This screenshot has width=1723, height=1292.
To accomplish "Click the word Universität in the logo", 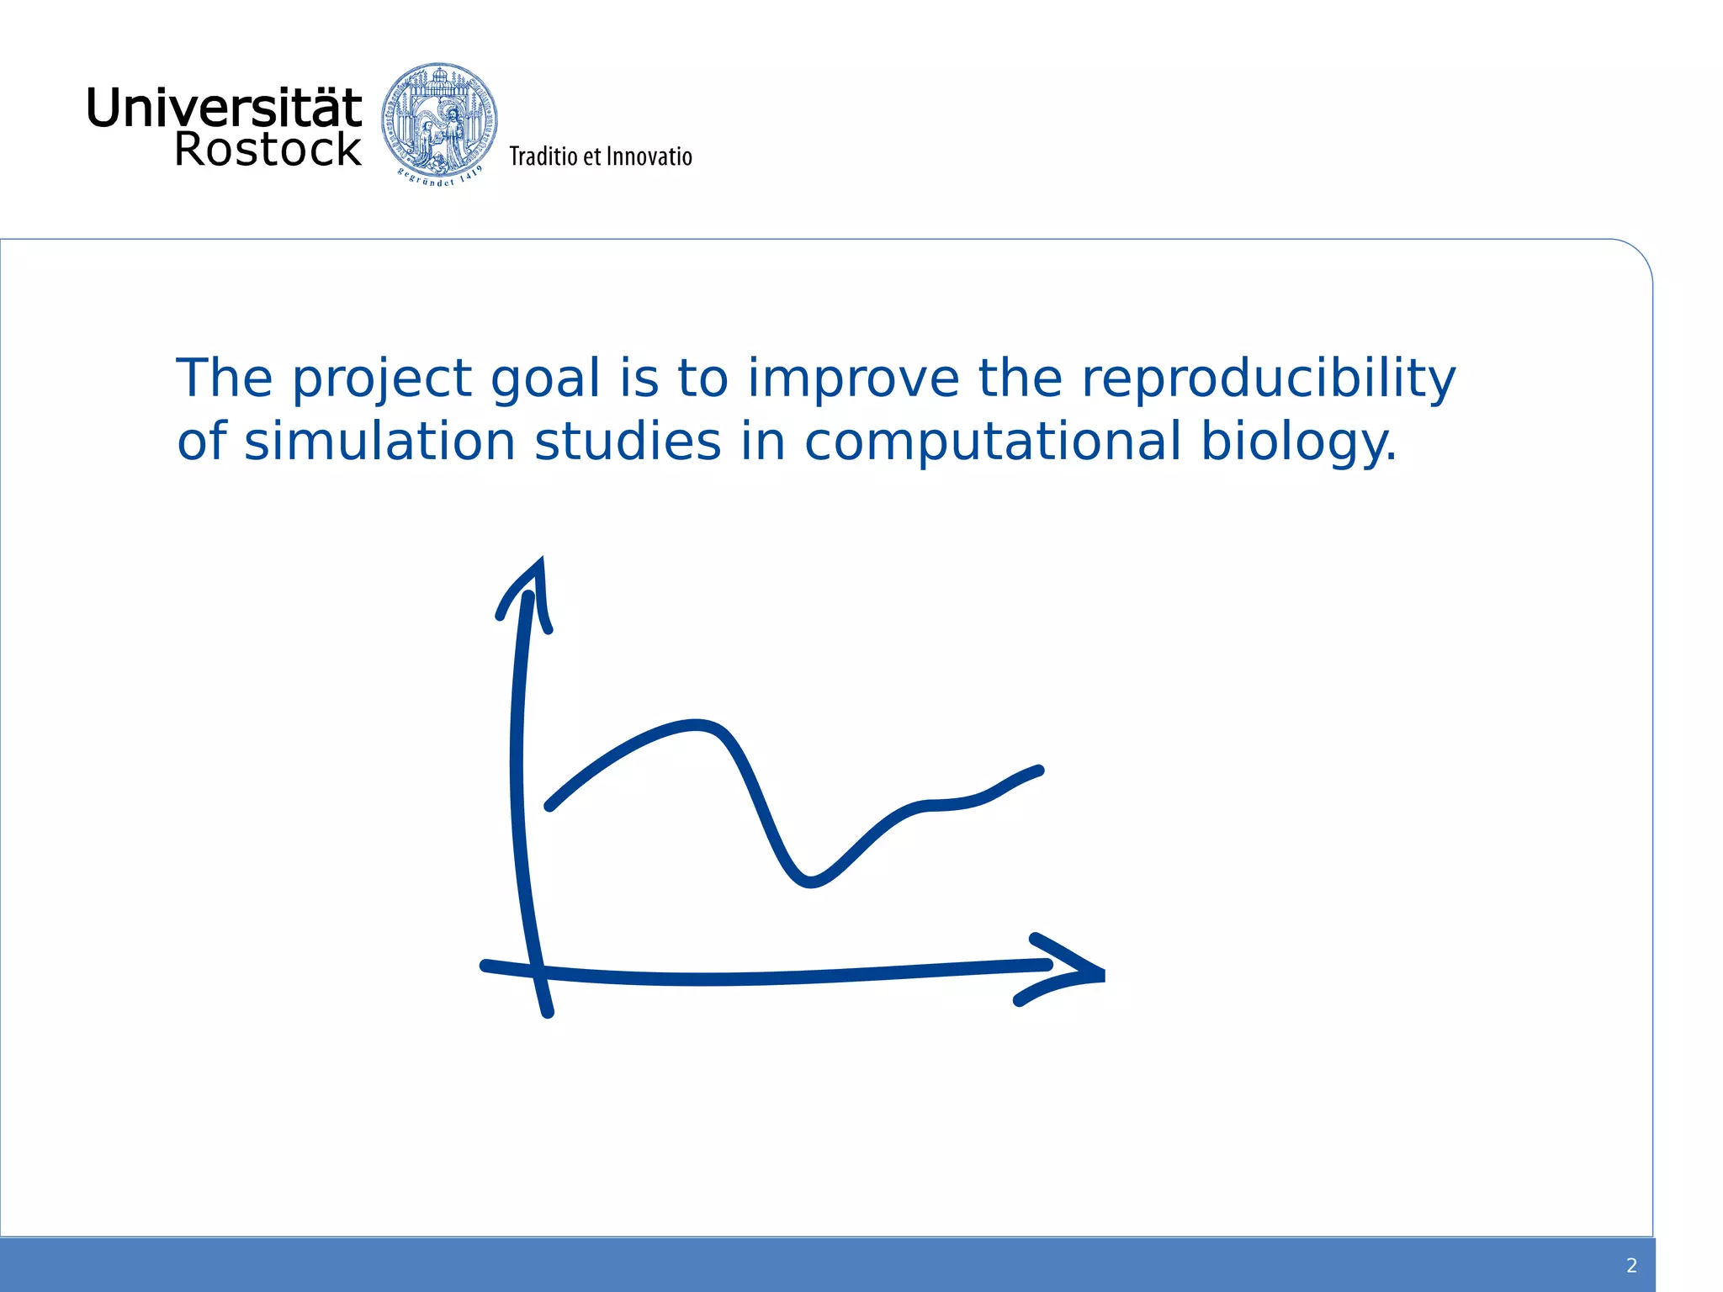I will tap(224, 109).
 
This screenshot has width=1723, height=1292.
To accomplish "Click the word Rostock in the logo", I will tap(268, 150).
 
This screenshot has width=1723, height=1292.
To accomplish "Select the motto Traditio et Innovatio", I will tap(600, 157).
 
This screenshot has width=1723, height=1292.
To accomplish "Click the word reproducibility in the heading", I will tap(1268, 379).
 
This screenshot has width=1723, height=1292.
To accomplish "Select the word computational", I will tap(993, 442).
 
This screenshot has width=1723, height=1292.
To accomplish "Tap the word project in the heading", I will tap(381, 380).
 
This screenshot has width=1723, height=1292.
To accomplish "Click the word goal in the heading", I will tap(545, 380).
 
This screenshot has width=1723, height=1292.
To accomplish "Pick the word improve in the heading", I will tap(852, 380).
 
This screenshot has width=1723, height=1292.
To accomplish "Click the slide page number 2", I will tap(1631, 1265).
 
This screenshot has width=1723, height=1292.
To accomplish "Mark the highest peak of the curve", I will tap(697, 724).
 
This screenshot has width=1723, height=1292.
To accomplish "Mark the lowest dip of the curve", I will tap(809, 882).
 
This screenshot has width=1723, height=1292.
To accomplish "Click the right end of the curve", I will tap(1038, 770).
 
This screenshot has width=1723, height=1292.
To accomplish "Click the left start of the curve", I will tap(550, 806).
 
